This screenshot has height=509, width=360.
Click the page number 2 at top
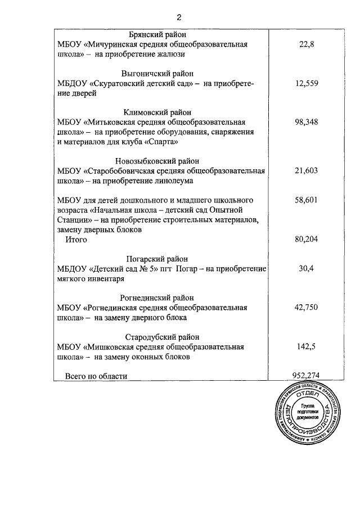pos(179,17)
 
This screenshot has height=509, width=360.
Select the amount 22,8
pos(306,44)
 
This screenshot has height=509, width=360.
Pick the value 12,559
pos(306,84)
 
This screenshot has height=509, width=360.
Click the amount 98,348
pos(306,122)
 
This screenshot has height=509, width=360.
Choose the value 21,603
pos(306,171)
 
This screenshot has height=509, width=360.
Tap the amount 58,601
pos(306,200)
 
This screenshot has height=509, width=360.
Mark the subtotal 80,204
pos(306,240)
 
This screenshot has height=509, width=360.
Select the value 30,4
pos(306,269)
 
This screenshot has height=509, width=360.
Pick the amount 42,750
pos(306,308)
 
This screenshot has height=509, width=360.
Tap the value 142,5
pos(306,347)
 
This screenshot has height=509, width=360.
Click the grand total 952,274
pos(306,376)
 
